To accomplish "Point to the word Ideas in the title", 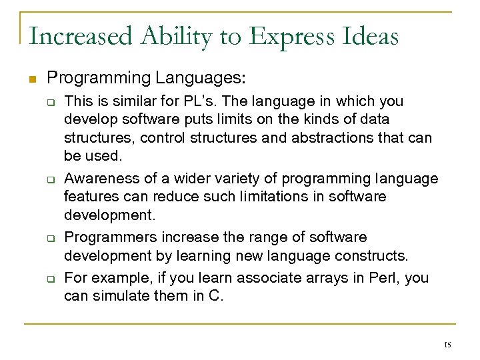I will (372, 36).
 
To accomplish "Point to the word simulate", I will (114, 295).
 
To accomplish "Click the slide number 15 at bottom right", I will (447, 345).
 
